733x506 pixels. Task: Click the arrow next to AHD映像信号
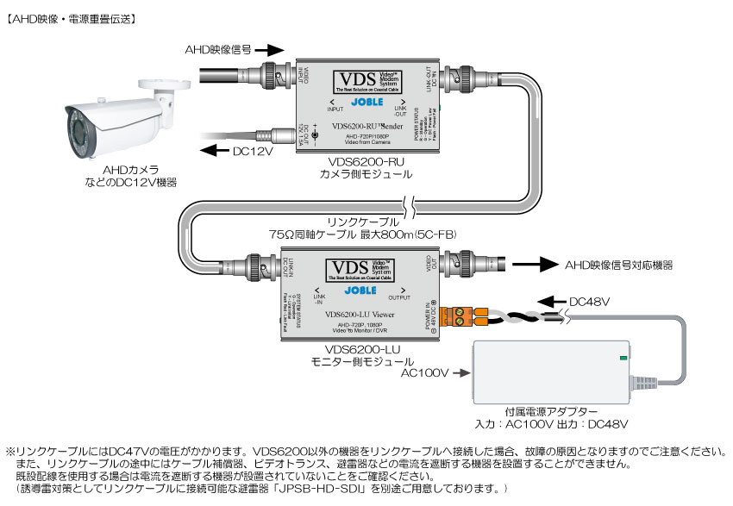(269, 50)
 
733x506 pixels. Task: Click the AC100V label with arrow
(429, 373)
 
